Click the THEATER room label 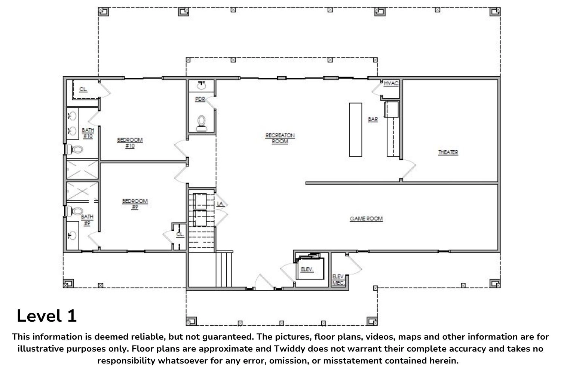pos(448,152)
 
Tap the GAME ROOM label pos(366,219)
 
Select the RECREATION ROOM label pos(280,138)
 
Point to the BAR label pos(373,119)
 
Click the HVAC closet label pos(391,83)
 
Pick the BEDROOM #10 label pos(130,143)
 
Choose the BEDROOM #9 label pos(135,204)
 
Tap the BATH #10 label pos(88,133)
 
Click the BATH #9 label pos(87,220)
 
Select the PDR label pos(200,99)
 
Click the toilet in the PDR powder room pos(202,123)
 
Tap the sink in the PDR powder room pos(201,85)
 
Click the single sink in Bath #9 pos(72,236)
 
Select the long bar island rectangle pos(355,130)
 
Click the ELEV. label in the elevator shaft pos(307,269)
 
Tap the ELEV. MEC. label pos(338,279)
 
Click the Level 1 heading pos(47,316)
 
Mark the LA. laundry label pos(220,204)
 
